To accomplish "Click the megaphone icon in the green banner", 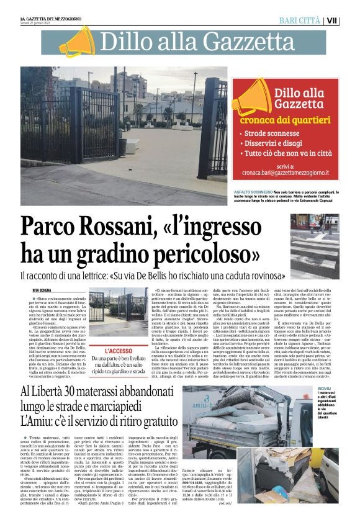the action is click(x=76, y=41).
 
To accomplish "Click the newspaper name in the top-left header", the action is click(x=51, y=19).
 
